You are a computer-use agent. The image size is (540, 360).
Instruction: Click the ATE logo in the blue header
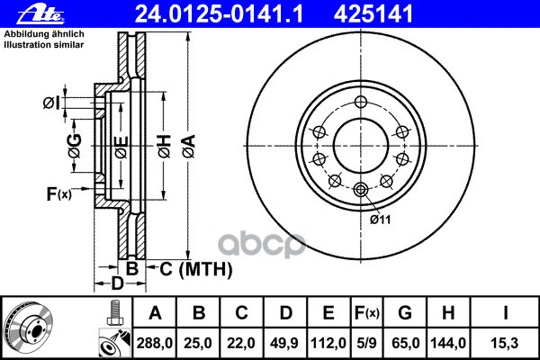pos(40,14)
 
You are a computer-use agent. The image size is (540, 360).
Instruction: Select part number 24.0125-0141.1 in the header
pos(219,14)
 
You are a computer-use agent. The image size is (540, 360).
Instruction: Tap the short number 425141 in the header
pos(373,14)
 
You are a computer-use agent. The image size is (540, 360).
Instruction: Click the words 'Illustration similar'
pos(44,45)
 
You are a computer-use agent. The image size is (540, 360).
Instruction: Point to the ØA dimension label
pos(189,147)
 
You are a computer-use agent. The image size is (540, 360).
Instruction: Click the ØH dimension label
pos(165,147)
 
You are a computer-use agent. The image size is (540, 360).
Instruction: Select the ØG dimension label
pos(75,146)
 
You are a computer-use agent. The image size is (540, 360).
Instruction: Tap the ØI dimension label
pos(51,103)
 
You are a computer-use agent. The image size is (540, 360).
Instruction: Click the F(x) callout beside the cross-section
pos(58,193)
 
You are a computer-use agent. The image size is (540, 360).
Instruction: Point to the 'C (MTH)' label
pos(196,269)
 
